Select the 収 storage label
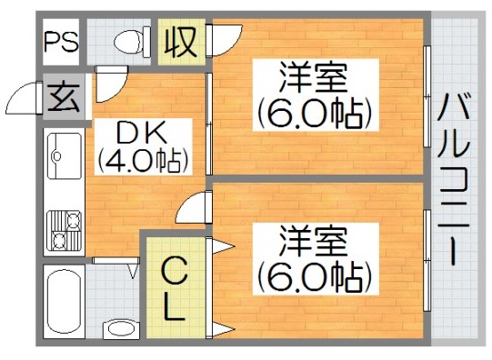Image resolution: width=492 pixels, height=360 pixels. point(180,42)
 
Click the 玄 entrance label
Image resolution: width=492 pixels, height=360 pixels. point(63,95)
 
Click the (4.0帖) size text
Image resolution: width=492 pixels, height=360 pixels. point(143,163)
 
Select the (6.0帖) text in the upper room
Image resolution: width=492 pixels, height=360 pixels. point(315,115)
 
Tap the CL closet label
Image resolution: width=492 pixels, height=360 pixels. point(176,288)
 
